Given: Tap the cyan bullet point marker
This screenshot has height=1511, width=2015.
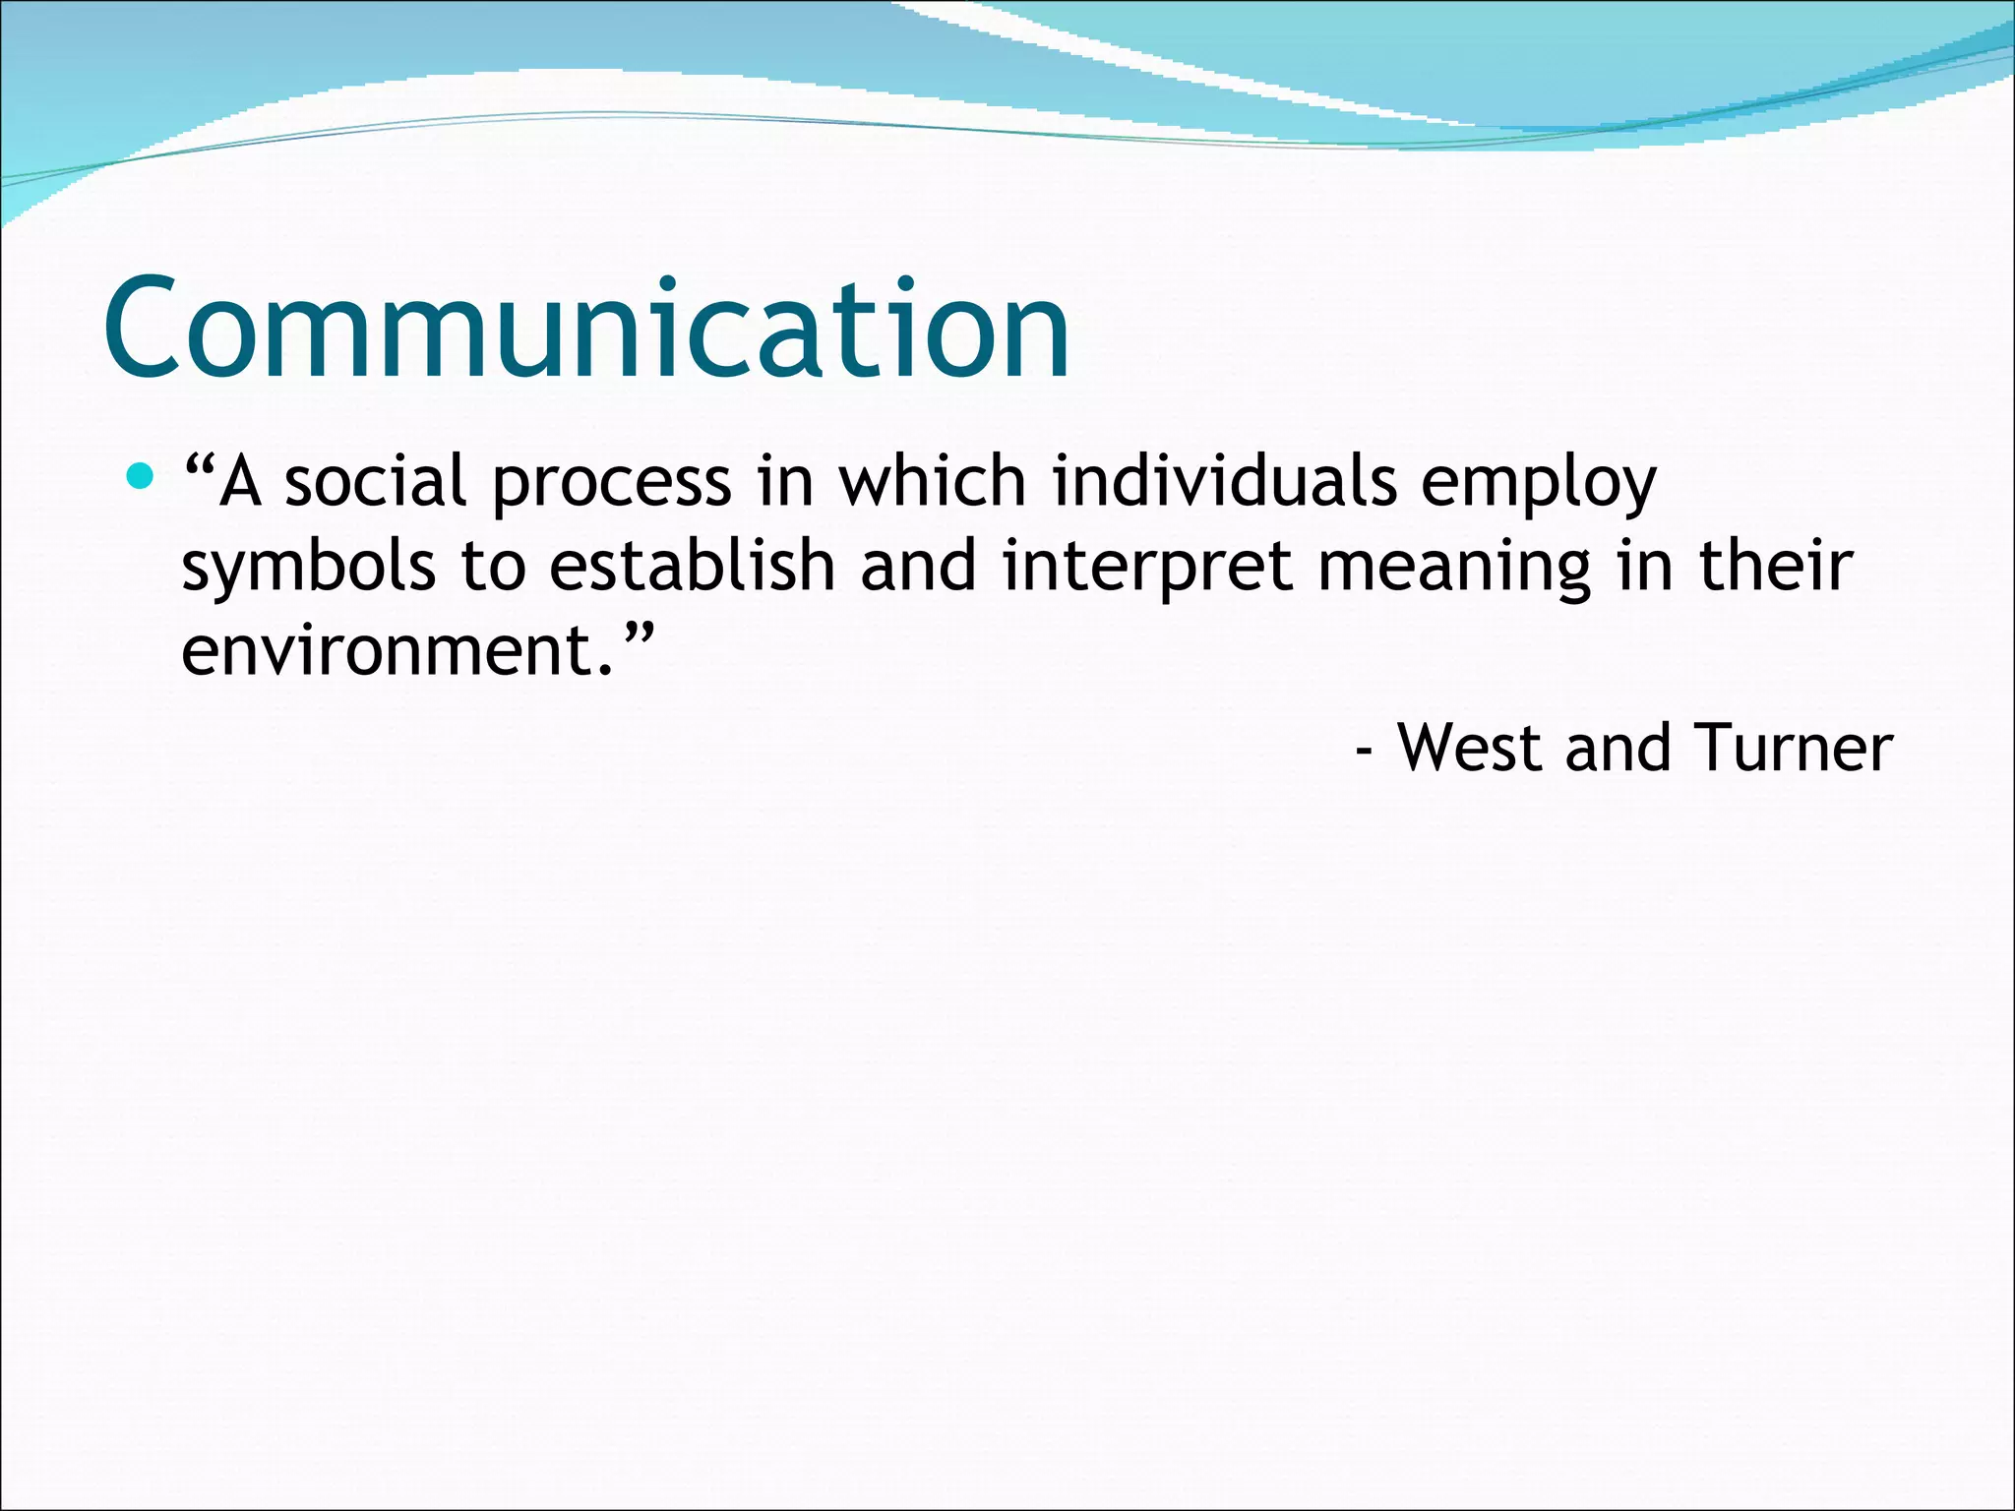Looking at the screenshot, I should (x=142, y=477).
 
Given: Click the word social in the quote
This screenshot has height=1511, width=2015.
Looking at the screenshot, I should (x=375, y=483).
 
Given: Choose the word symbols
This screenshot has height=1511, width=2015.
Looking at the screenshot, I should (x=308, y=569).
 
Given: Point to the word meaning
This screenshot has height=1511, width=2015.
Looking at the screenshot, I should (x=1453, y=569).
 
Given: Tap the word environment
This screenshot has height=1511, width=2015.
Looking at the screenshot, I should (x=385, y=651).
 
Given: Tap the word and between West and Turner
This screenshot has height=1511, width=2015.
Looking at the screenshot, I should (x=1618, y=748).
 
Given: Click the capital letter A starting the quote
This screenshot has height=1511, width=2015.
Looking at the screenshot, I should (x=240, y=483).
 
